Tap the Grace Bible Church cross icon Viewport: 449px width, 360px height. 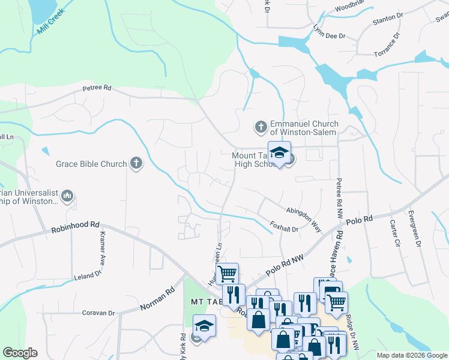(x=136, y=163)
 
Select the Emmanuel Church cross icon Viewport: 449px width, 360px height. (x=261, y=127)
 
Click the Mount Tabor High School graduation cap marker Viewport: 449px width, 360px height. (x=279, y=153)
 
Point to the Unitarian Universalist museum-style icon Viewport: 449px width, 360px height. (x=67, y=196)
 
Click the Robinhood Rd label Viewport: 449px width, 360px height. (x=75, y=227)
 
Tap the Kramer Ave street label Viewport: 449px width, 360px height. (x=103, y=249)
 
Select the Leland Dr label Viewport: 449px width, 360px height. (x=89, y=275)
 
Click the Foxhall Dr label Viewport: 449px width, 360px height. (x=284, y=228)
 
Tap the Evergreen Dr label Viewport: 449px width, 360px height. (x=414, y=229)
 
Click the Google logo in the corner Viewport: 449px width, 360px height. (x=20, y=353)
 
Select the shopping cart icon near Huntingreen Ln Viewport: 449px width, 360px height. (x=228, y=274)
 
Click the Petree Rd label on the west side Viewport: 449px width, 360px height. (x=97, y=88)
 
